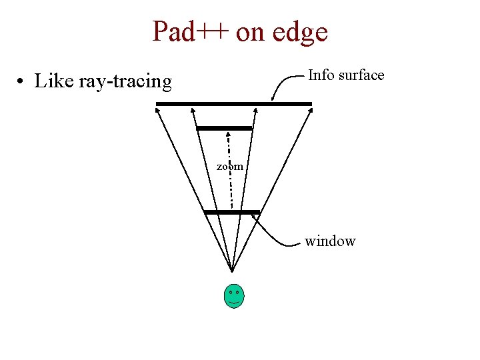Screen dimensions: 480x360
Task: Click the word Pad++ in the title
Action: [191, 31]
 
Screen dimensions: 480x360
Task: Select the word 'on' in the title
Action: [251, 32]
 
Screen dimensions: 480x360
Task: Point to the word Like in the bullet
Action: [53, 81]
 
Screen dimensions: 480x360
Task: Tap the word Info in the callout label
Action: [321, 75]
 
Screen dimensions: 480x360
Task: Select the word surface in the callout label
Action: [361, 75]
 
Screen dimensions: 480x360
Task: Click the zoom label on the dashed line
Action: [230, 166]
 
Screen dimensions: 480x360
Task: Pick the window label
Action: [330, 241]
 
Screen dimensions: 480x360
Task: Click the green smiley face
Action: [234, 296]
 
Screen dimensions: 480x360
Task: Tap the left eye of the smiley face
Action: [230, 292]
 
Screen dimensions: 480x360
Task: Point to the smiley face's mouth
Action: [234, 303]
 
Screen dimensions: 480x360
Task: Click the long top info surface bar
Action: [233, 103]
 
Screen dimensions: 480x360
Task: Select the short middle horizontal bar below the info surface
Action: [225, 127]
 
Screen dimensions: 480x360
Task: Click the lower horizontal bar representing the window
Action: [231, 212]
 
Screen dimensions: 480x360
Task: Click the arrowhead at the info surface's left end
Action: [157, 111]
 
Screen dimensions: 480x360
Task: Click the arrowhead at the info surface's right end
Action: [309, 111]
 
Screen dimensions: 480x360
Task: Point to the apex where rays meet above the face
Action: [231, 271]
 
